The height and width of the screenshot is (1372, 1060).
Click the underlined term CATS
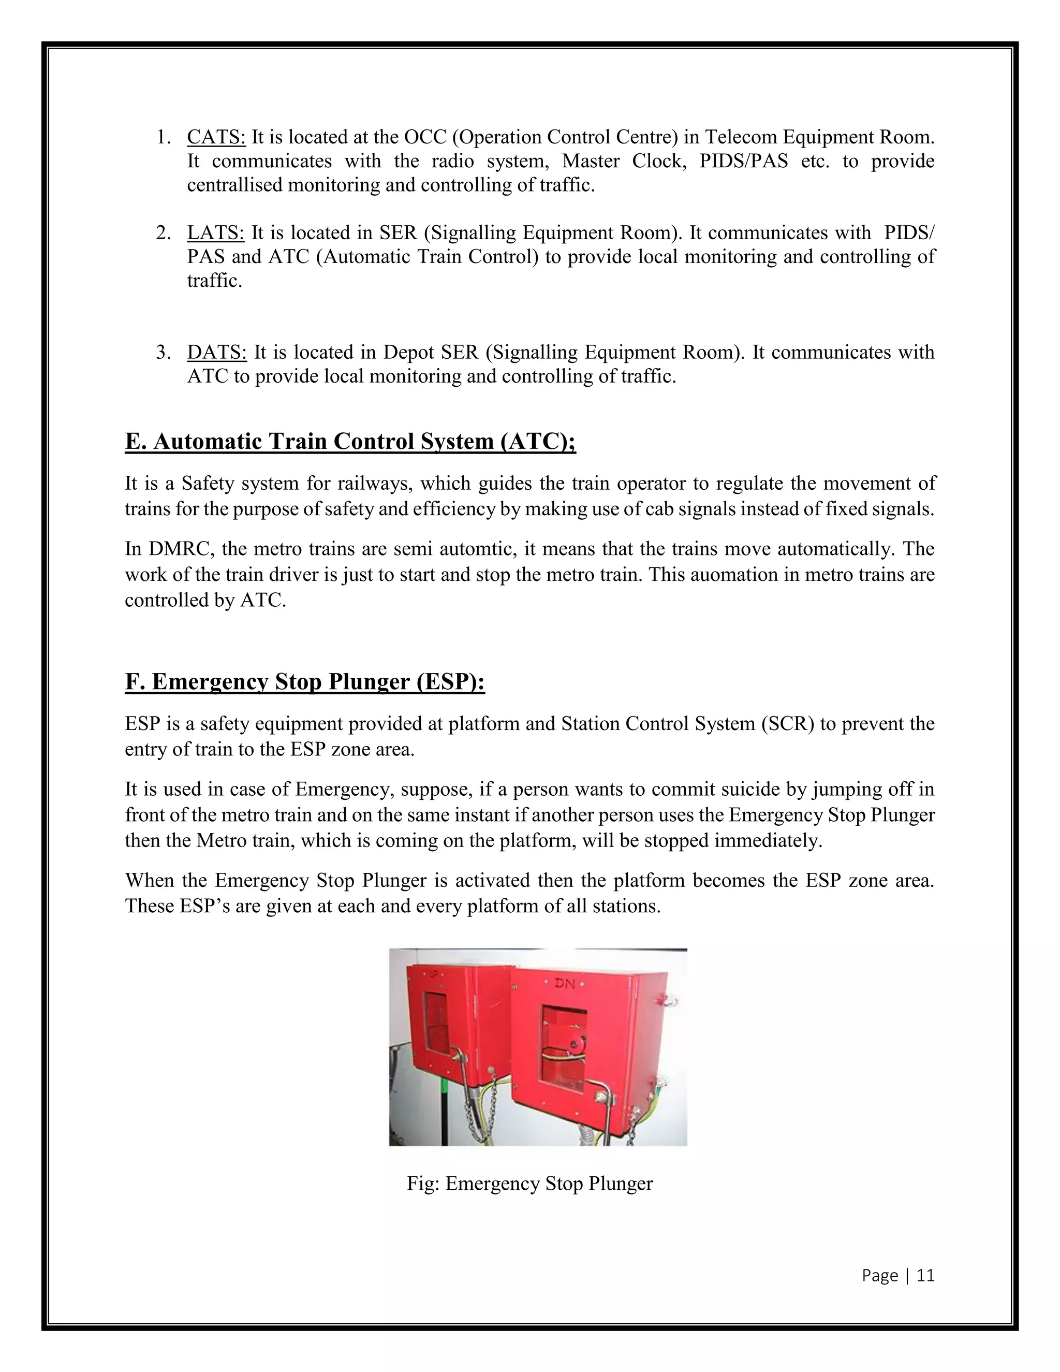216,137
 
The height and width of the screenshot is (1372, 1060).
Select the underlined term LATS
215,232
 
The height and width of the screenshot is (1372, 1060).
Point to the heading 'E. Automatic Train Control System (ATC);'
350,441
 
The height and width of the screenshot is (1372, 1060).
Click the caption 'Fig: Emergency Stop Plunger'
529,1184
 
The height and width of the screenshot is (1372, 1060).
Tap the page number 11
925,1275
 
